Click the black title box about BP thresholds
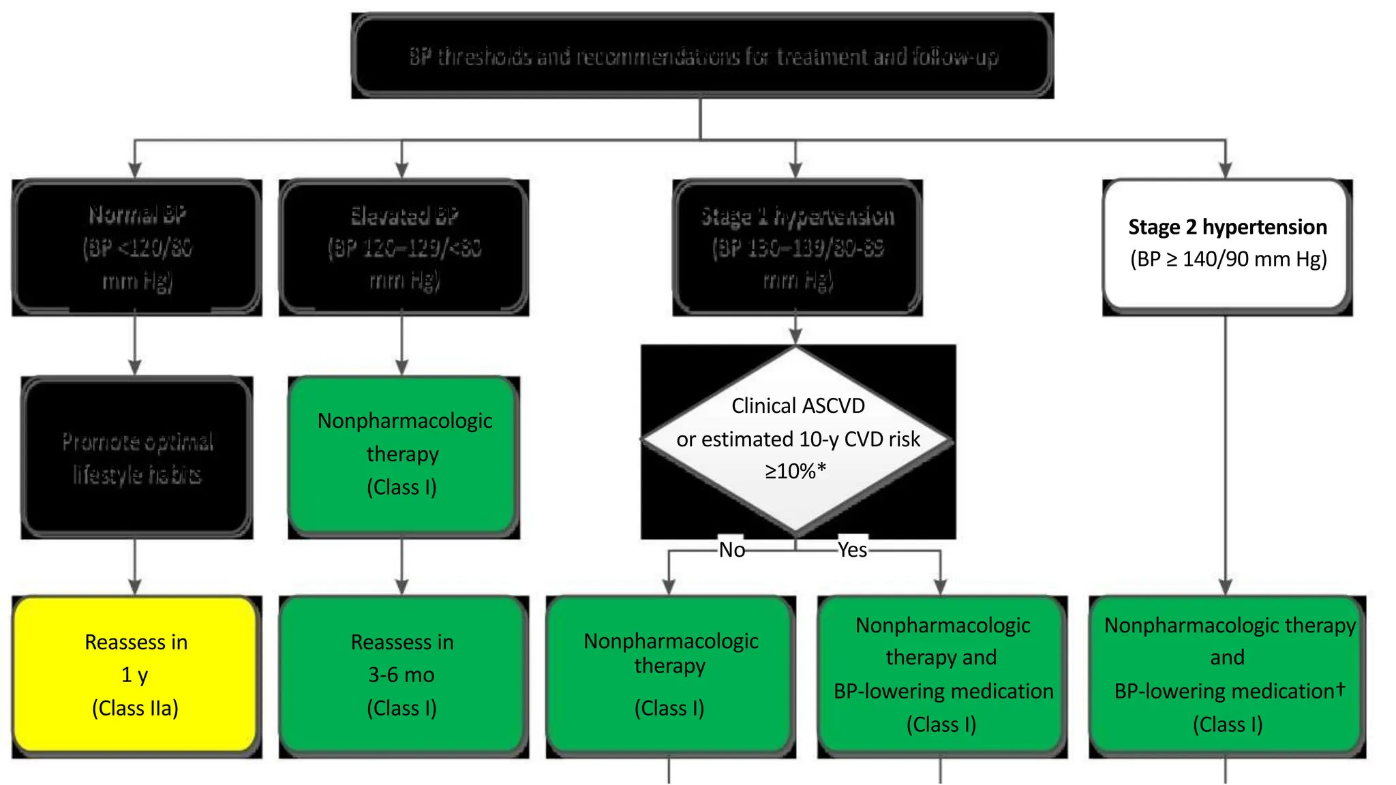pyautogui.click(x=702, y=56)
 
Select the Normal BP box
pyautogui.click(x=136, y=247)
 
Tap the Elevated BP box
pyautogui.click(x=404, y=247)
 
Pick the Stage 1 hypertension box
pyautogui.click(x=797, y=247)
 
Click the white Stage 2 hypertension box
pyautogui.click(x=1227, y=244)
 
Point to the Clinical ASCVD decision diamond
pyautogui.click(x=796, y=440)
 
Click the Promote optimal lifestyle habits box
pyautogui.click(x=136, y=457)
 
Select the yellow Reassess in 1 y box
pyautogui.click(x=136, y=675)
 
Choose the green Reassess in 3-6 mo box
pyautogui.click(x=403, y=675)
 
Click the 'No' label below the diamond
pyautogui.click(x=731, y=550)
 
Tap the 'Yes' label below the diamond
pyautogui.click(x=852, y=550)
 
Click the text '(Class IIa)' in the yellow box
pyautogui.click(x=135, y=708)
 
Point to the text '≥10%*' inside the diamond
pyautogui.click(x=795, y=471)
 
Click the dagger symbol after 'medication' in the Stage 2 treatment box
pyautogui.click(x=1340, y=688)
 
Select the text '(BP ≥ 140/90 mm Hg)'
pyautogui.click(x=1228, y=260)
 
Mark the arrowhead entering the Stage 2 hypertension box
pyautogui.click(x=1225, y=170)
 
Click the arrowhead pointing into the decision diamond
pyautogui.click(x=795, y=337)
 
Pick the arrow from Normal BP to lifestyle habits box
pyautogui.click(x=135, y=344)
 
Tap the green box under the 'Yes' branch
pyautogui.click(x=942, y=675)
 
